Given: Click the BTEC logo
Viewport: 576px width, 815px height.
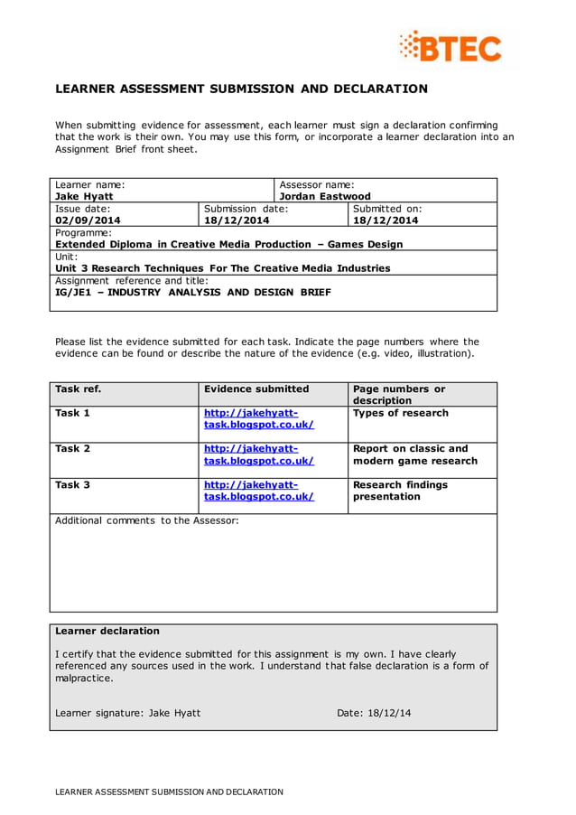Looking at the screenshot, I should point(451,46).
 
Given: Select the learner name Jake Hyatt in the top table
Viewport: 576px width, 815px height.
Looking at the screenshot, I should point(84,196).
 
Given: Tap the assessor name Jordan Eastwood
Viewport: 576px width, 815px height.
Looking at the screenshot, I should point(325,196).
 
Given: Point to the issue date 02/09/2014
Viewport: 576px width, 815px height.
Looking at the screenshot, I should point(88,220).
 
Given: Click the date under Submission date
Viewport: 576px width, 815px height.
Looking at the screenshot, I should point(237,220).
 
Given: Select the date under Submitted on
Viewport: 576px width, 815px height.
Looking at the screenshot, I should point(386,220).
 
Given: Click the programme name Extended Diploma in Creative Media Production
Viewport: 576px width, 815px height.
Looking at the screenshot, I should point(228,244).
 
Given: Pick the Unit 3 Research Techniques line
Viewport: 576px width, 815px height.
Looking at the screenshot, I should point(222,268).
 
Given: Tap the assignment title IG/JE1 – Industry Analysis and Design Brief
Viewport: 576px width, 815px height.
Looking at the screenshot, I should point(192,292).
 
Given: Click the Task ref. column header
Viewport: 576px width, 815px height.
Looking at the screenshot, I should point(78,389).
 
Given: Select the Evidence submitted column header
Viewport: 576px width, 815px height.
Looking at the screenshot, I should point(256,389).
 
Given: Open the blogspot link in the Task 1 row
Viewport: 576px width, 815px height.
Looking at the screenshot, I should point(258,418).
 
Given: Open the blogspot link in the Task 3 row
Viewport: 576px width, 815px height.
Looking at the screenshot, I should point(258,491).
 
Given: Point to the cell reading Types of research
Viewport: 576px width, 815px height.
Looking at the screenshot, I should point(400,414).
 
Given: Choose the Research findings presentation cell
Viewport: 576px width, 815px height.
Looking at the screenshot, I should point(400,491).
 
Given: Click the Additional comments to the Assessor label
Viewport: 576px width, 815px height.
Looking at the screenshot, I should point(146,521).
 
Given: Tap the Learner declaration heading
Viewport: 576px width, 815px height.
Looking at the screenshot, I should point(107,632).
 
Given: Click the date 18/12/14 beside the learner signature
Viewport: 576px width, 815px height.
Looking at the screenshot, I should point(389,713).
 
